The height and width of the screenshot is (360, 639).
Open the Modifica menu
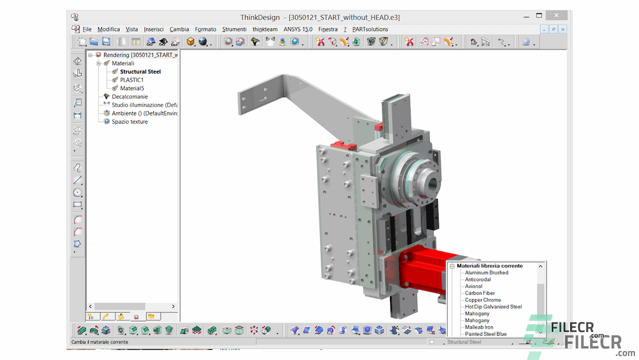(108, 29)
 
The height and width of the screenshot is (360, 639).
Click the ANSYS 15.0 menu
(298, 29)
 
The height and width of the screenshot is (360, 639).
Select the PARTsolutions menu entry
(370, 29)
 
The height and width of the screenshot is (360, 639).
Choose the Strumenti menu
(234, 29)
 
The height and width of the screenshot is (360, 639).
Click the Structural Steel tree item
(140, 72)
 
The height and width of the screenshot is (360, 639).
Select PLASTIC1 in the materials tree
(131, 80)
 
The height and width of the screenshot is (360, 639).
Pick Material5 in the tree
(132, 88)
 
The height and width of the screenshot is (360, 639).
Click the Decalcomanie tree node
(130, 97)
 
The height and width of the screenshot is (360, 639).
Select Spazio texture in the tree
(130, 121)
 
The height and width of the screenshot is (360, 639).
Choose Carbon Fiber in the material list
(480, 293)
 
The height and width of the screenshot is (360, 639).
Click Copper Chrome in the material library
(483, 300)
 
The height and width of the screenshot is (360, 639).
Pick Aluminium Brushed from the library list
(486, 273)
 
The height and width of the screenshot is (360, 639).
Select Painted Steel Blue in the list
(486, 334)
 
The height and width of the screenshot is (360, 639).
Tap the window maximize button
(539, 16)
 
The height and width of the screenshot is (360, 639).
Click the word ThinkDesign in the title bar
(261, 17)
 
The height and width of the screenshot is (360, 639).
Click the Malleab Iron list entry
(479, 327)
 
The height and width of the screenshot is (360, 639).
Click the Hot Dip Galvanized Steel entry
(493, 307)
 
